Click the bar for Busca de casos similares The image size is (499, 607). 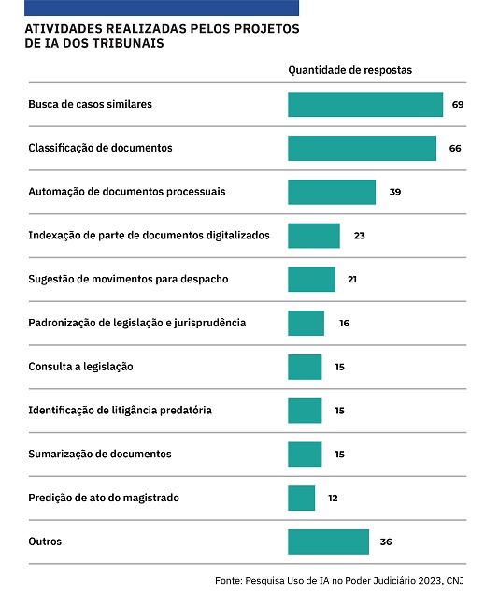365,104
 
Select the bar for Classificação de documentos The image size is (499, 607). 362,148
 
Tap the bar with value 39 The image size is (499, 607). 332,192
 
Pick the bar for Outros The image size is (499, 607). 328,542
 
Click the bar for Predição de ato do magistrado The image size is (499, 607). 301,498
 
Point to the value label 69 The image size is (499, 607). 458,104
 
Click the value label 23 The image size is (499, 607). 360,236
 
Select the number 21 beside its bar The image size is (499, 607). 352,279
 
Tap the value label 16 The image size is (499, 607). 344,323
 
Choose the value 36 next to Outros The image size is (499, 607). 386,542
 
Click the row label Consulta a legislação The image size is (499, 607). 80,367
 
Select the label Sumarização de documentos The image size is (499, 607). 100,454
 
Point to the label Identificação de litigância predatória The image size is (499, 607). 120,411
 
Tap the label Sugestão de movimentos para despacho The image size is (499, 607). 128,279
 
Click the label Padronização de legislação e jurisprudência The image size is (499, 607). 137,323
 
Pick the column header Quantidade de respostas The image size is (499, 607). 350,70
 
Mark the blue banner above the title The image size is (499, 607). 162,7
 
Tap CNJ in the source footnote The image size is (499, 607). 455,580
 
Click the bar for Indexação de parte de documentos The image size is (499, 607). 314,236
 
